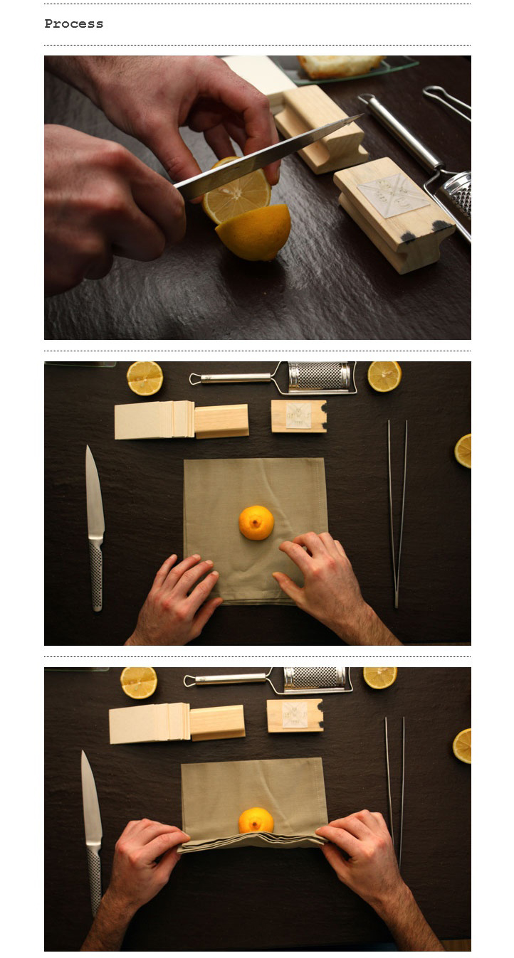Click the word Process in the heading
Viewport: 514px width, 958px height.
pos(73,23)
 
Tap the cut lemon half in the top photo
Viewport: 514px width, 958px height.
pos(254,233)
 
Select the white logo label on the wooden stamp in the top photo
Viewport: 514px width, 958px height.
pos(393,196)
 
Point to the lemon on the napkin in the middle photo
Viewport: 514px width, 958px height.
pos(256,522)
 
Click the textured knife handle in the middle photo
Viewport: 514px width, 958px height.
pos(96,575)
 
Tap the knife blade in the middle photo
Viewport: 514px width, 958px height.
pos(94,492)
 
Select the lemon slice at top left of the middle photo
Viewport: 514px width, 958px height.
pos(145,378)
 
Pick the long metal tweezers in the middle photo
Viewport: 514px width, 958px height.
pos(397,513)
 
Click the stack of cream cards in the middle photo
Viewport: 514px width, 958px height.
pos(154,420)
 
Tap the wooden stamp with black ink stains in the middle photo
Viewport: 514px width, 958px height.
pos(299,416)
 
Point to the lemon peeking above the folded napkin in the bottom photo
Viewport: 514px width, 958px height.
pos(256,820)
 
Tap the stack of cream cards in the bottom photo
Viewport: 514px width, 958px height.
pos(150,723)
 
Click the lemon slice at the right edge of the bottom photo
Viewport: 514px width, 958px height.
pos(462,745)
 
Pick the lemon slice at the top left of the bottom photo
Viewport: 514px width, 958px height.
pos(139,683)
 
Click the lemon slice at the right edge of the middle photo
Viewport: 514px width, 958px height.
pos(463,450)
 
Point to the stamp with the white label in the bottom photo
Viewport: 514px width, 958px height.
pos(295,715)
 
